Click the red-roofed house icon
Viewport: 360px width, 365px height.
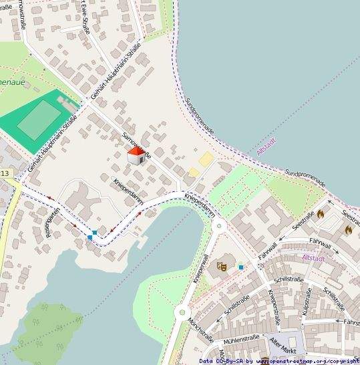click(136, 156)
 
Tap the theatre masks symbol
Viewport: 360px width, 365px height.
click(222, 267)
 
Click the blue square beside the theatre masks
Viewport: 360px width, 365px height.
click(241, 267)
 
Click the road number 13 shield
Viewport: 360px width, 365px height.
click(5, 174)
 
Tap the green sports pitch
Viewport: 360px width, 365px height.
click(38, 120)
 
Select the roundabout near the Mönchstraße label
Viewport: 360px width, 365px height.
click(182, 312)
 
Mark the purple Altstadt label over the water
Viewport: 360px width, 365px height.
click(266, 148)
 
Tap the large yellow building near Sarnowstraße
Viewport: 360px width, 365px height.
click(206, 159)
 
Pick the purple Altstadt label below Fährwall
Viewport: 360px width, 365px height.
click(313, 257)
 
